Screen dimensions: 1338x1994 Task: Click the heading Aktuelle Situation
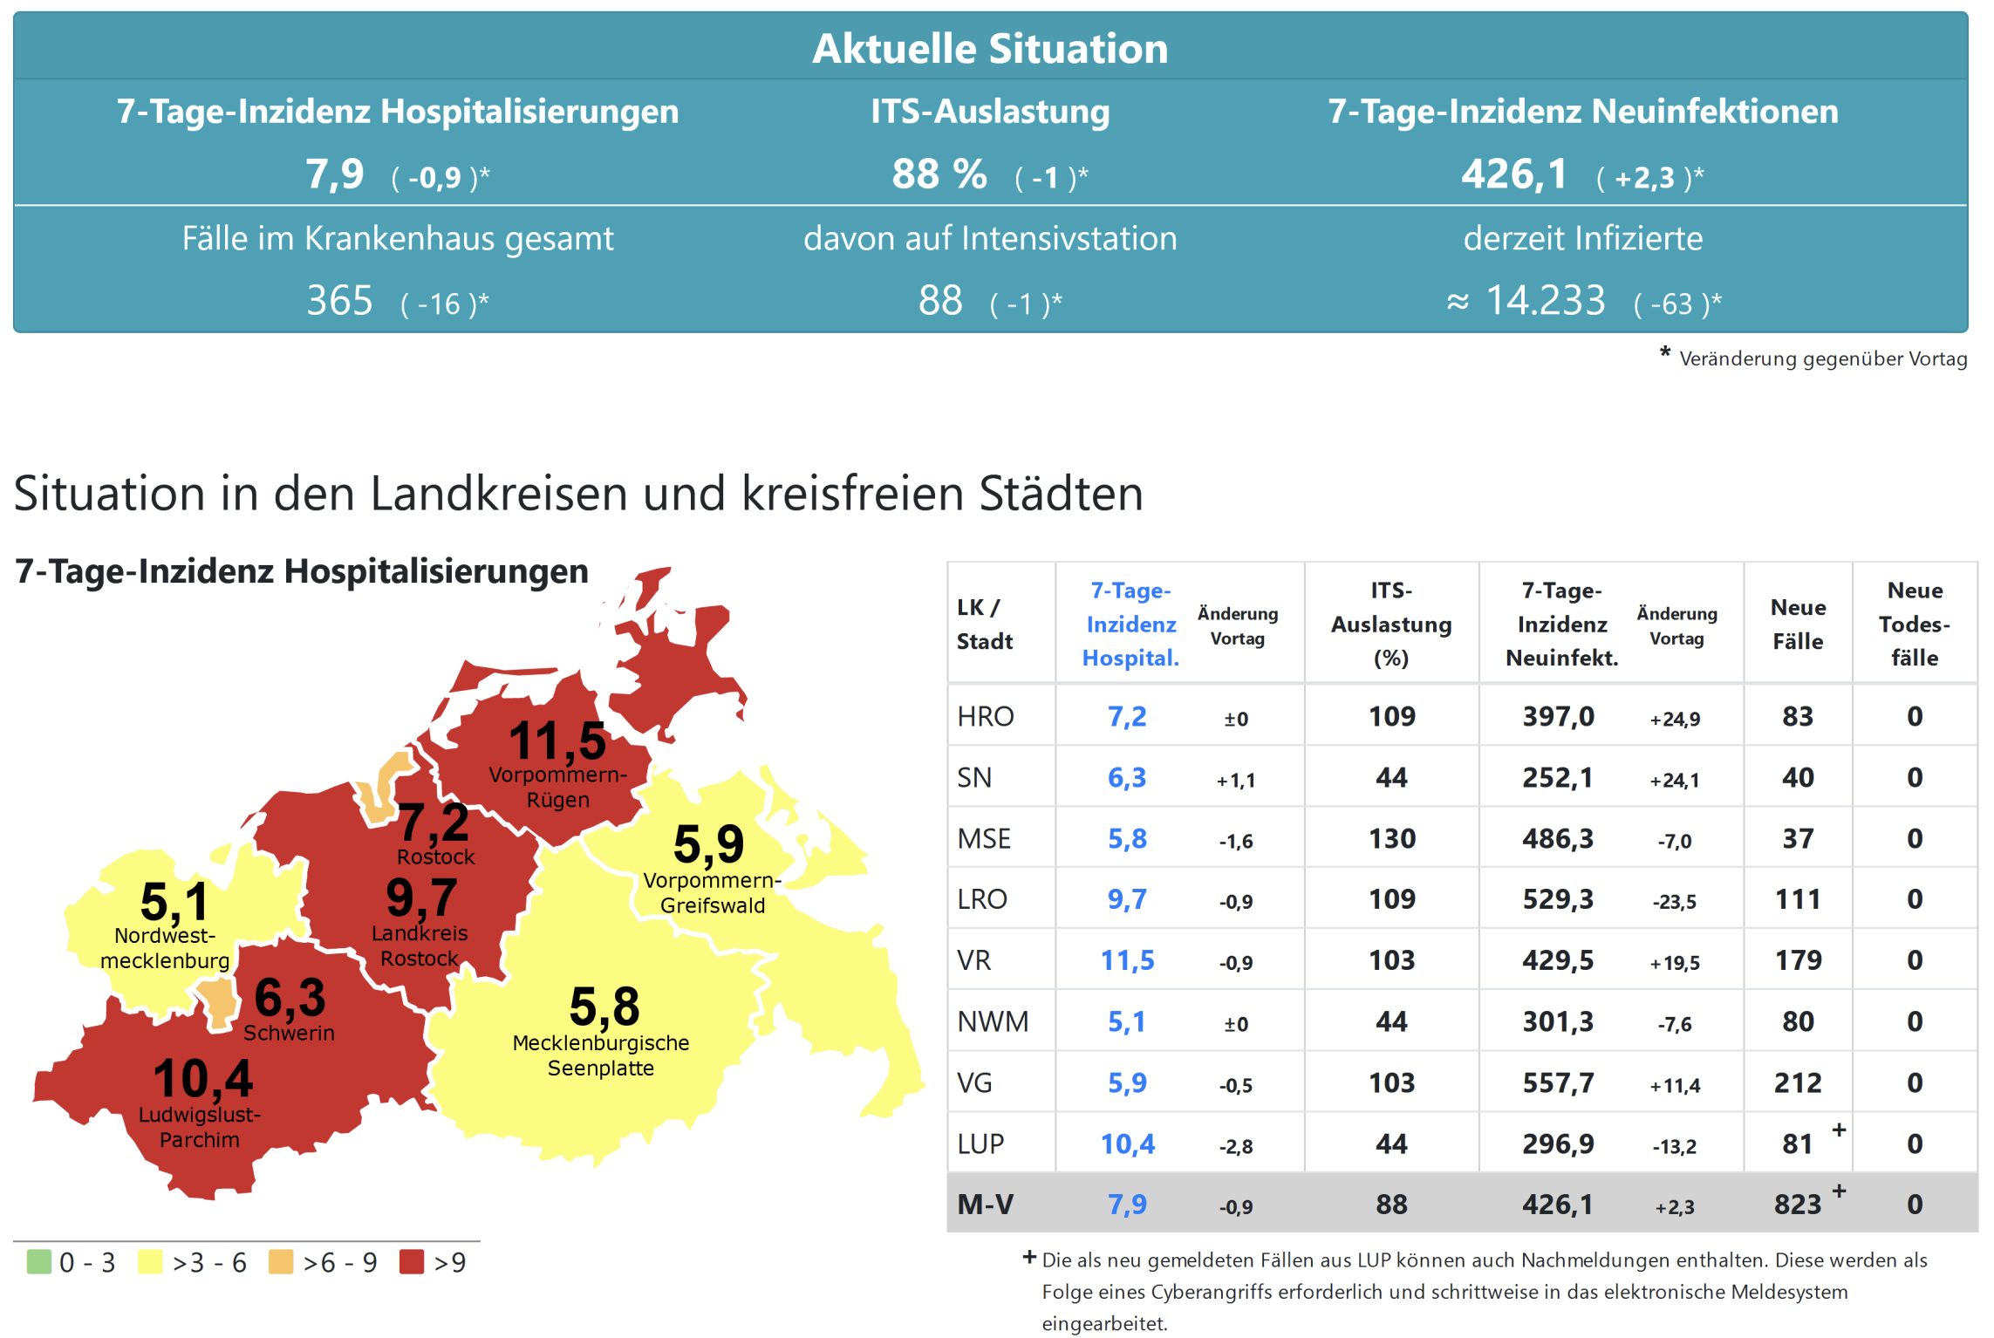989,48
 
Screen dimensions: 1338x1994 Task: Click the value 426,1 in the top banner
1514,174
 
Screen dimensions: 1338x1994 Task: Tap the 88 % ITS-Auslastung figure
939,174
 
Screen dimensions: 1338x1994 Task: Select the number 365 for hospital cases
339,301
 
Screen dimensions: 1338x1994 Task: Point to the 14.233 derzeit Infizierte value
1545,301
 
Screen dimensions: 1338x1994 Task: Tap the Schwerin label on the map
289,1033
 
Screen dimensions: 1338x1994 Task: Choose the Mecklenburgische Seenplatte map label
601,1055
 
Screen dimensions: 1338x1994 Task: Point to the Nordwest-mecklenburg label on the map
165,948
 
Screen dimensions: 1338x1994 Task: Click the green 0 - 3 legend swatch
38,1261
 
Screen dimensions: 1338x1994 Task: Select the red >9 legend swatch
411,1261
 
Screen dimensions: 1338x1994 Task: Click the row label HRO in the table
985,716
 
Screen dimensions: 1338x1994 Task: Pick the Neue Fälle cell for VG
1797,1082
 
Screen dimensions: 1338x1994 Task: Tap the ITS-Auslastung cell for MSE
1391,838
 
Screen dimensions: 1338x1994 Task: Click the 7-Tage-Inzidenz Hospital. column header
1130,624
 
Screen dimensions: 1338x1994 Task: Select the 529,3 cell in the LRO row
1557,899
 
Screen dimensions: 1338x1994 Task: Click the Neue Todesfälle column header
1914,624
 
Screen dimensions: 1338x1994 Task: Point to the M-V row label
985,1205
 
